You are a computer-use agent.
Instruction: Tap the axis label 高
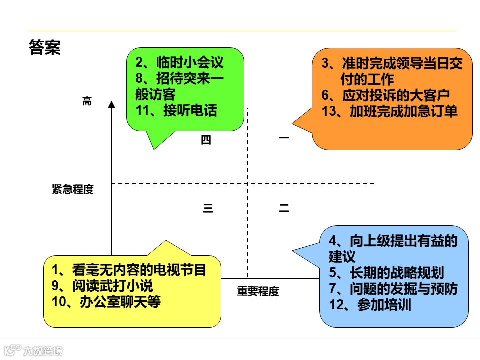[87, 101]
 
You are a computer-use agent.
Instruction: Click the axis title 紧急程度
[73, 189]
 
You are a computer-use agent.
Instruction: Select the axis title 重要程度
[258, 291]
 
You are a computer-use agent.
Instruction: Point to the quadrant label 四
[206, 140]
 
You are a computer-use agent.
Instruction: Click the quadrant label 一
[284, 137]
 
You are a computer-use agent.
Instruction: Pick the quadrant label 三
[208, 209]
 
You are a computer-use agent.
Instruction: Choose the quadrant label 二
[284, 209]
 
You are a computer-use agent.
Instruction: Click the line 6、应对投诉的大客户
[386, 95]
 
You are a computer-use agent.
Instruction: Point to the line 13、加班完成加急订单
[390, 111]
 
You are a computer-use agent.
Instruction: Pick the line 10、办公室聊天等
[106, 302]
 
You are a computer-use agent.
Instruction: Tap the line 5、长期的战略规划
[386, 272]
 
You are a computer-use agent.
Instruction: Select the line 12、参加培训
[370, 304]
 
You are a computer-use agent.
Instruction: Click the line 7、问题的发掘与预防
[393, 288]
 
